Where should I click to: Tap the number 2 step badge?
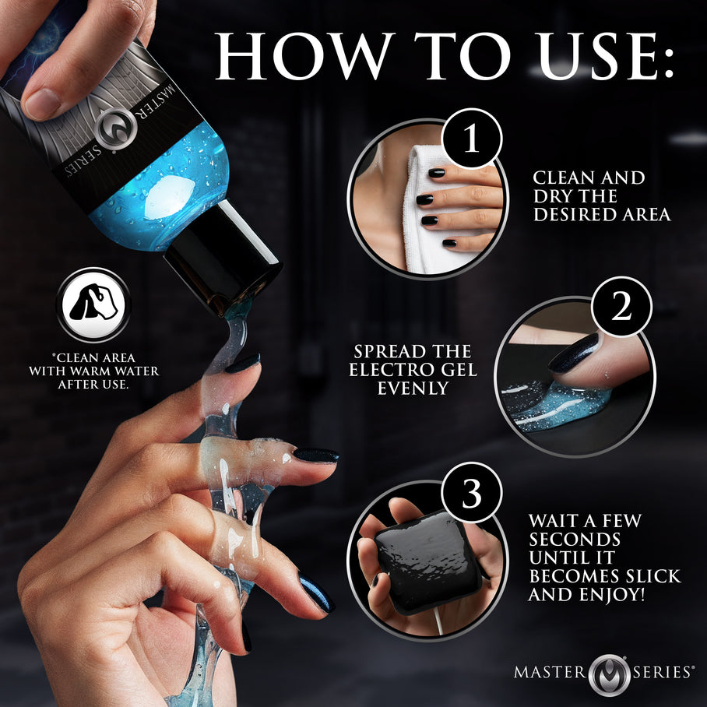tap(621, 309)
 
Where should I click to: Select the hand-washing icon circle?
tap(93, 304)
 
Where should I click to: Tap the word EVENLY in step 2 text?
tap(413, 387)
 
